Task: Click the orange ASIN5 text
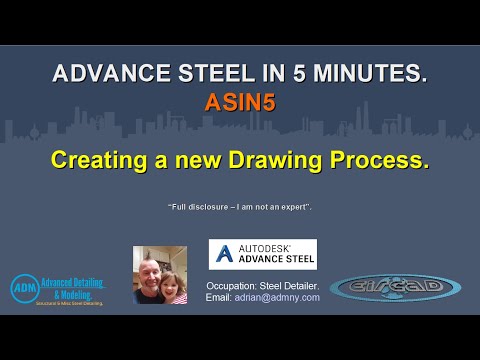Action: tap(239, 102)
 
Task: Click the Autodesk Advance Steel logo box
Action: tap(262, 254)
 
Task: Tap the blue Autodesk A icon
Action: tap(221, 254)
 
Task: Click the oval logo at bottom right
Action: tap(395, 288)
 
